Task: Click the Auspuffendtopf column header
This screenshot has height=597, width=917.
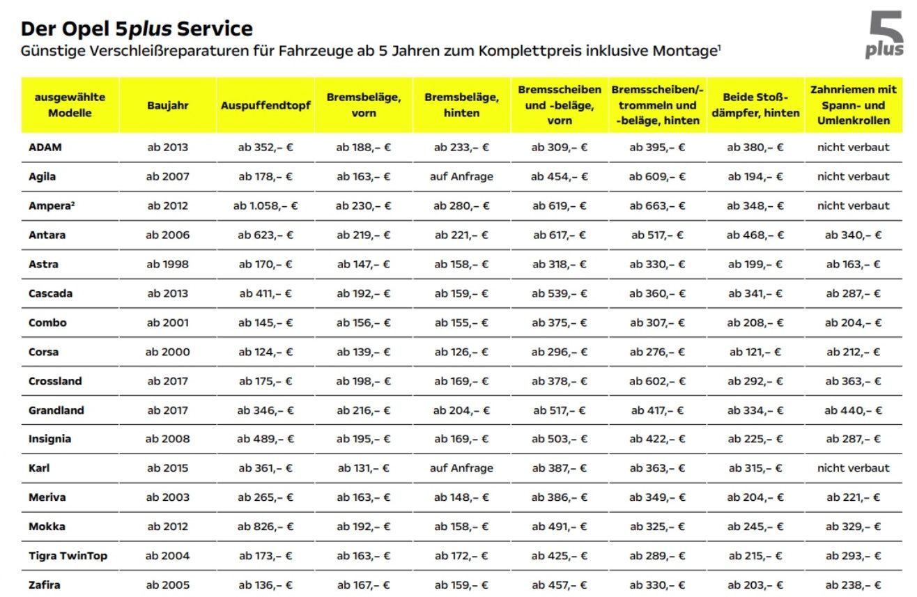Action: (x=265, y=105)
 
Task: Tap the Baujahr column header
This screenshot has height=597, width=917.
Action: (x=167, y=105)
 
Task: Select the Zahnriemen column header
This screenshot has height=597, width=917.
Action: (x=853, y=105)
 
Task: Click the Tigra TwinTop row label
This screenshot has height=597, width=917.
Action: (x=68, y=556)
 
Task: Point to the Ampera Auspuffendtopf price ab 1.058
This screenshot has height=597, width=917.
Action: (x=265, y=206)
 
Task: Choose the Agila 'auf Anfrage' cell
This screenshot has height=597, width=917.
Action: (x=461, y=176)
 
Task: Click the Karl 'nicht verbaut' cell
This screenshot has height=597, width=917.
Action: (x=853, y=468)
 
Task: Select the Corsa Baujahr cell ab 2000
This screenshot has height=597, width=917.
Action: (x=167, y=352)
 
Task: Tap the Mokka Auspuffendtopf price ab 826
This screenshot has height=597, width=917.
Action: (x=265, y=527)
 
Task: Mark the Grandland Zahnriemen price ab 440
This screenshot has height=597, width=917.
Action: (x=853, y=410)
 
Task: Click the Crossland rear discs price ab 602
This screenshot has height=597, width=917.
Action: (x=657, y=381)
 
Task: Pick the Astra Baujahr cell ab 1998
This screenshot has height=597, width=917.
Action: (x=167, y=264)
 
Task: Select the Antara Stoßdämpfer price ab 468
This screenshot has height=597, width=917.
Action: (x=755, y=235)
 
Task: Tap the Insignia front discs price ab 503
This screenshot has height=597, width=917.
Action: (x=560, y=439)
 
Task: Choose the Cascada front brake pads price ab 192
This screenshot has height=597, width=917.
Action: (x=363, y=293)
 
